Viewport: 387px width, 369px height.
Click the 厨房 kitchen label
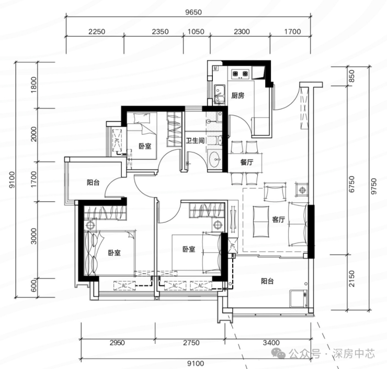click(237, 95)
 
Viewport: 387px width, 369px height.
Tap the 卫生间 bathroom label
click(195, 140)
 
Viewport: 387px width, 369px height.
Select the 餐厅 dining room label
click(246, 162)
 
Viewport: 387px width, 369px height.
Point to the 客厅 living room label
click(278, 220)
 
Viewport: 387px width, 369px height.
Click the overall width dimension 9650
click(193, 12)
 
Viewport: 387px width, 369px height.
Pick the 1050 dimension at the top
click(196, 31)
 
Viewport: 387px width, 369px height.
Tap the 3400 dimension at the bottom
click(271, 343)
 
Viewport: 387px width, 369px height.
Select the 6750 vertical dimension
click(352, 184)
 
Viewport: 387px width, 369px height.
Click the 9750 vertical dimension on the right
click(374, 186)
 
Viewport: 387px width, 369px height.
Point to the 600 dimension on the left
click(33, 285)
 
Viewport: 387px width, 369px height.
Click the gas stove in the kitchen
click(240, 73)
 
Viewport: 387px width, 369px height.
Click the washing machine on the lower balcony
click(299, 299)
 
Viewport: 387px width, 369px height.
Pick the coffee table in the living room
click(261, 221)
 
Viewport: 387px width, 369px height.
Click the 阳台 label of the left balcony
click(93, 182)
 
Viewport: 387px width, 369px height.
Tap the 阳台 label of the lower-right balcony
click(267, 281)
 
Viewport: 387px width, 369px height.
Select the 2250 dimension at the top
click(97, 31)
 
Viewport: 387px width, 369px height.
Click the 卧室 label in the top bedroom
click(145, 146)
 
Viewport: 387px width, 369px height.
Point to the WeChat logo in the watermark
click(278, 353)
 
